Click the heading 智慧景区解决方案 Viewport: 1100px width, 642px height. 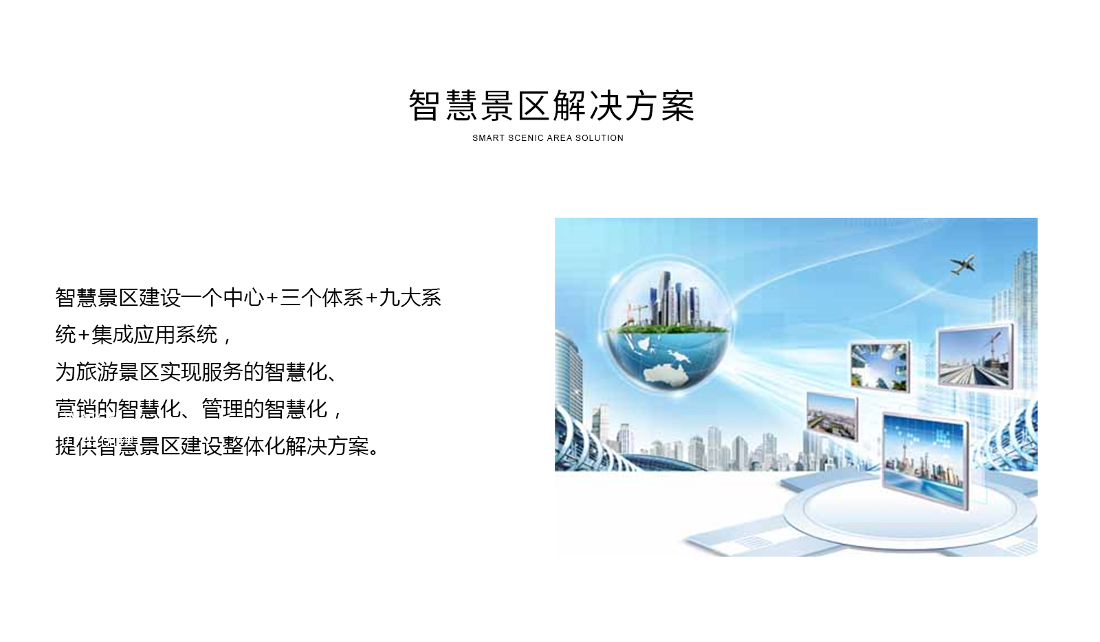551,106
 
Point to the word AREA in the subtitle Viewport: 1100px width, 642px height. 560,138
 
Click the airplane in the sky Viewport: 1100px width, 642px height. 962,265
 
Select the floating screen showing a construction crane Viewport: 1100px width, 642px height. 975,356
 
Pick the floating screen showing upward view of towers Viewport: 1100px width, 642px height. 879,366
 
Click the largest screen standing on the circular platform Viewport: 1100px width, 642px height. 925,460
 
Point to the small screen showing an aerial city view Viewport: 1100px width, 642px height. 832,417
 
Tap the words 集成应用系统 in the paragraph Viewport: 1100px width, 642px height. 155,335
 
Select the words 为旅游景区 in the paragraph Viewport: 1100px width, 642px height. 107,372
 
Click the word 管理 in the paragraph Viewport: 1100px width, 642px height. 222,409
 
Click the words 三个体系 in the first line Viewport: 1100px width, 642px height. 322,298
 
